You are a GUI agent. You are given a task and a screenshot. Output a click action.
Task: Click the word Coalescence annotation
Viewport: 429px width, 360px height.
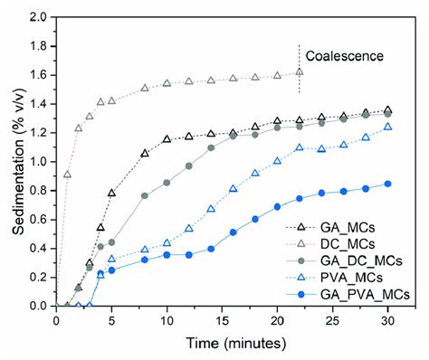[x=344, y=56]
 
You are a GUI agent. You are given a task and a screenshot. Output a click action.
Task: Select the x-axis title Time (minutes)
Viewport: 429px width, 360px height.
[x=224, y=345]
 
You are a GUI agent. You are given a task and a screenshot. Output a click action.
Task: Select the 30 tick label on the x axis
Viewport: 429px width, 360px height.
[x=388, y=321]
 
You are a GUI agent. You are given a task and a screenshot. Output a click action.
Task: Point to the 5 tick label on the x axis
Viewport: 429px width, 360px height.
[x=111, y=321]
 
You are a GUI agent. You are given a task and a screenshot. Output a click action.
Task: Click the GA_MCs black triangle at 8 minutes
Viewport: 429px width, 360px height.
[x=145, y=153]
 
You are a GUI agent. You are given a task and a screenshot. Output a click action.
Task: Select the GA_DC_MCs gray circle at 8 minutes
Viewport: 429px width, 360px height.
[x=145, y=195]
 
